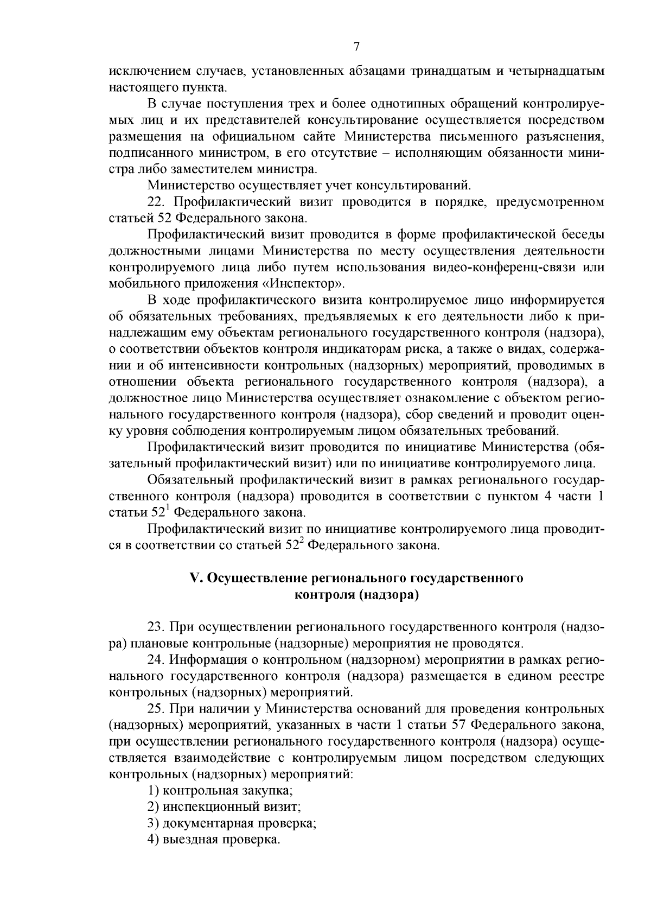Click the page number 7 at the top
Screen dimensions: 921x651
[x=356, y=47]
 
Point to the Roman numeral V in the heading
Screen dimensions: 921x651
[x=196, y=578]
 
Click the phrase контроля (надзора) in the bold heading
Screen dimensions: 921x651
[x=356, y=595]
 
